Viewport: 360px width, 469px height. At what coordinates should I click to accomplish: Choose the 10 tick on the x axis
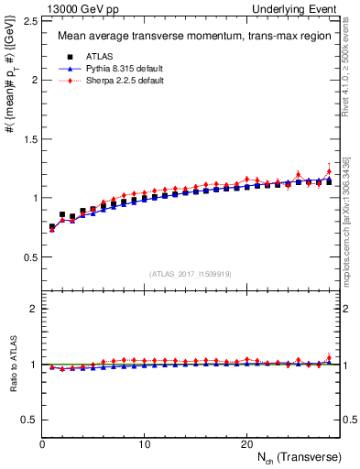point(145,444)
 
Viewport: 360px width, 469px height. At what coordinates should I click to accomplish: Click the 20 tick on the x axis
point(246,444)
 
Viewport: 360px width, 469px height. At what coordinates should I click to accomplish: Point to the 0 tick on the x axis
point(43,444)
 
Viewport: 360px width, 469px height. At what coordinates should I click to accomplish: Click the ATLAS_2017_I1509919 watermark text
point(191,273)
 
